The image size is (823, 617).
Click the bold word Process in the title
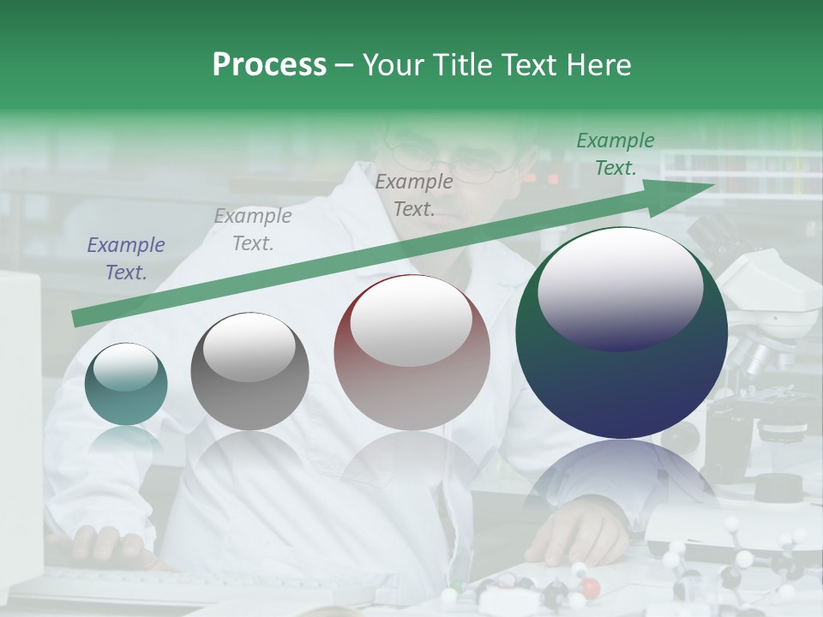[269, 64]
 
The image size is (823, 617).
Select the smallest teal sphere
[126, 384]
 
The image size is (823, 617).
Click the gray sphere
[249, 371]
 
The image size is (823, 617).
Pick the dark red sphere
[411, 352]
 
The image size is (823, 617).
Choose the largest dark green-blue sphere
[622, 332]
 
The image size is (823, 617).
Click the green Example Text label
[616, 154]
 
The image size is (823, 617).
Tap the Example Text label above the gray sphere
[253, 230]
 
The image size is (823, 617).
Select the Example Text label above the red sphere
[414, 195]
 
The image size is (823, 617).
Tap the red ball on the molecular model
[590, 589]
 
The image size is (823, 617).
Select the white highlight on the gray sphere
[249, 347]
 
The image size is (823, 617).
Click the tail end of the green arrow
[79, 319]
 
